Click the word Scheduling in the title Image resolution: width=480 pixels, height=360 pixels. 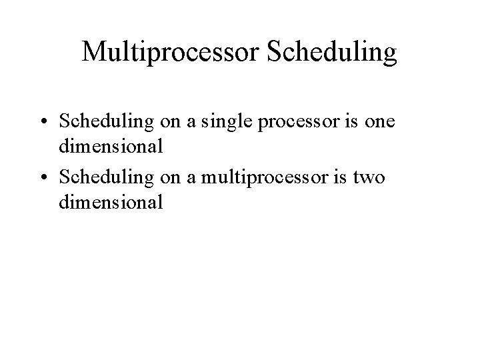(x=331, y=53)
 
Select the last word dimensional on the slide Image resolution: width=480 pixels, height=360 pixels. (x=110, y=203)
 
